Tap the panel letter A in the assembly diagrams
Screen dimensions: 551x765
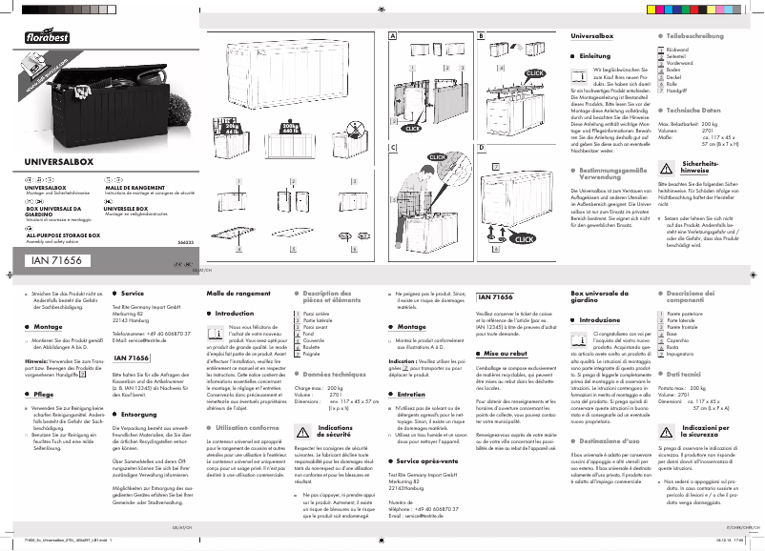point(391,36)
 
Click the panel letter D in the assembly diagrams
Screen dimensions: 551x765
point(482,148)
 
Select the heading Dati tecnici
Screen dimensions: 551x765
point(689,377)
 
